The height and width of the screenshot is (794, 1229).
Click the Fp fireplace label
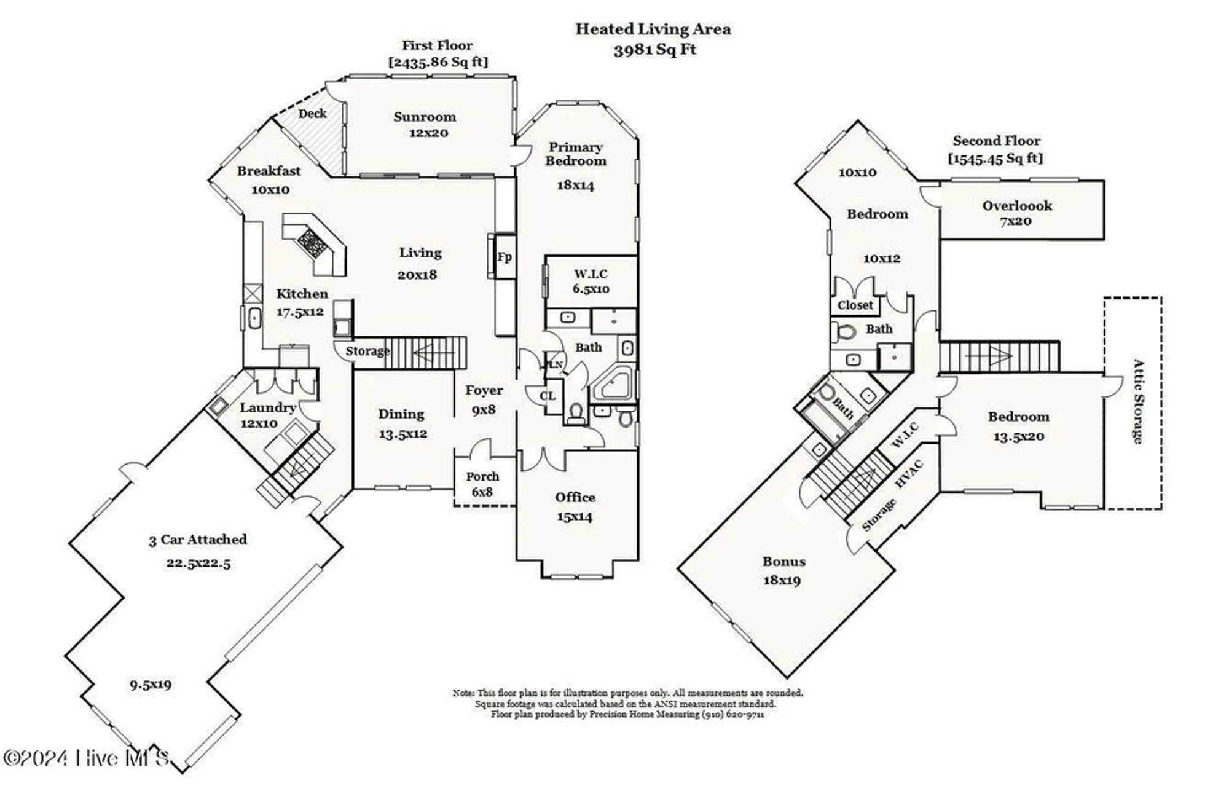coord(504,256)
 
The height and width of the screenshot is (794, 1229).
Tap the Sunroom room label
coord(425,117)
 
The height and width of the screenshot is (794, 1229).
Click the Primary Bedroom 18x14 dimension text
coord(575,185)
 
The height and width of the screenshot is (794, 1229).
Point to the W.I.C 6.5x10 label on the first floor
coord(591,281)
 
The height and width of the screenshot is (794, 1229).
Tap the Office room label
coord(575,497)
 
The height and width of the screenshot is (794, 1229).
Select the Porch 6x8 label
coord(482,484)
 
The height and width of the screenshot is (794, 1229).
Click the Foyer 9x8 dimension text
coord(484,409)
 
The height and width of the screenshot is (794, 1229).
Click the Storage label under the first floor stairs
coord(367,351)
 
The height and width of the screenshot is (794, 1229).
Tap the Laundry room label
coord(267,407)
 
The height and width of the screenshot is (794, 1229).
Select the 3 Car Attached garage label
coord(198,540)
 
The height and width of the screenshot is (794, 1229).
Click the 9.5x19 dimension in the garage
coord(151,684)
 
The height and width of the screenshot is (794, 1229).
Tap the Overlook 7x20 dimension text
coord(1015,221)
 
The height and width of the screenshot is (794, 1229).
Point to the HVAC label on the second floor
coord(909,474)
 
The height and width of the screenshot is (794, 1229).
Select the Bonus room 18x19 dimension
coord(782,580)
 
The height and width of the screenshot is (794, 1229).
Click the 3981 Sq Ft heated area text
coord(654,49)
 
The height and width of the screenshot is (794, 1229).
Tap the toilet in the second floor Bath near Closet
coord(846,332)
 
